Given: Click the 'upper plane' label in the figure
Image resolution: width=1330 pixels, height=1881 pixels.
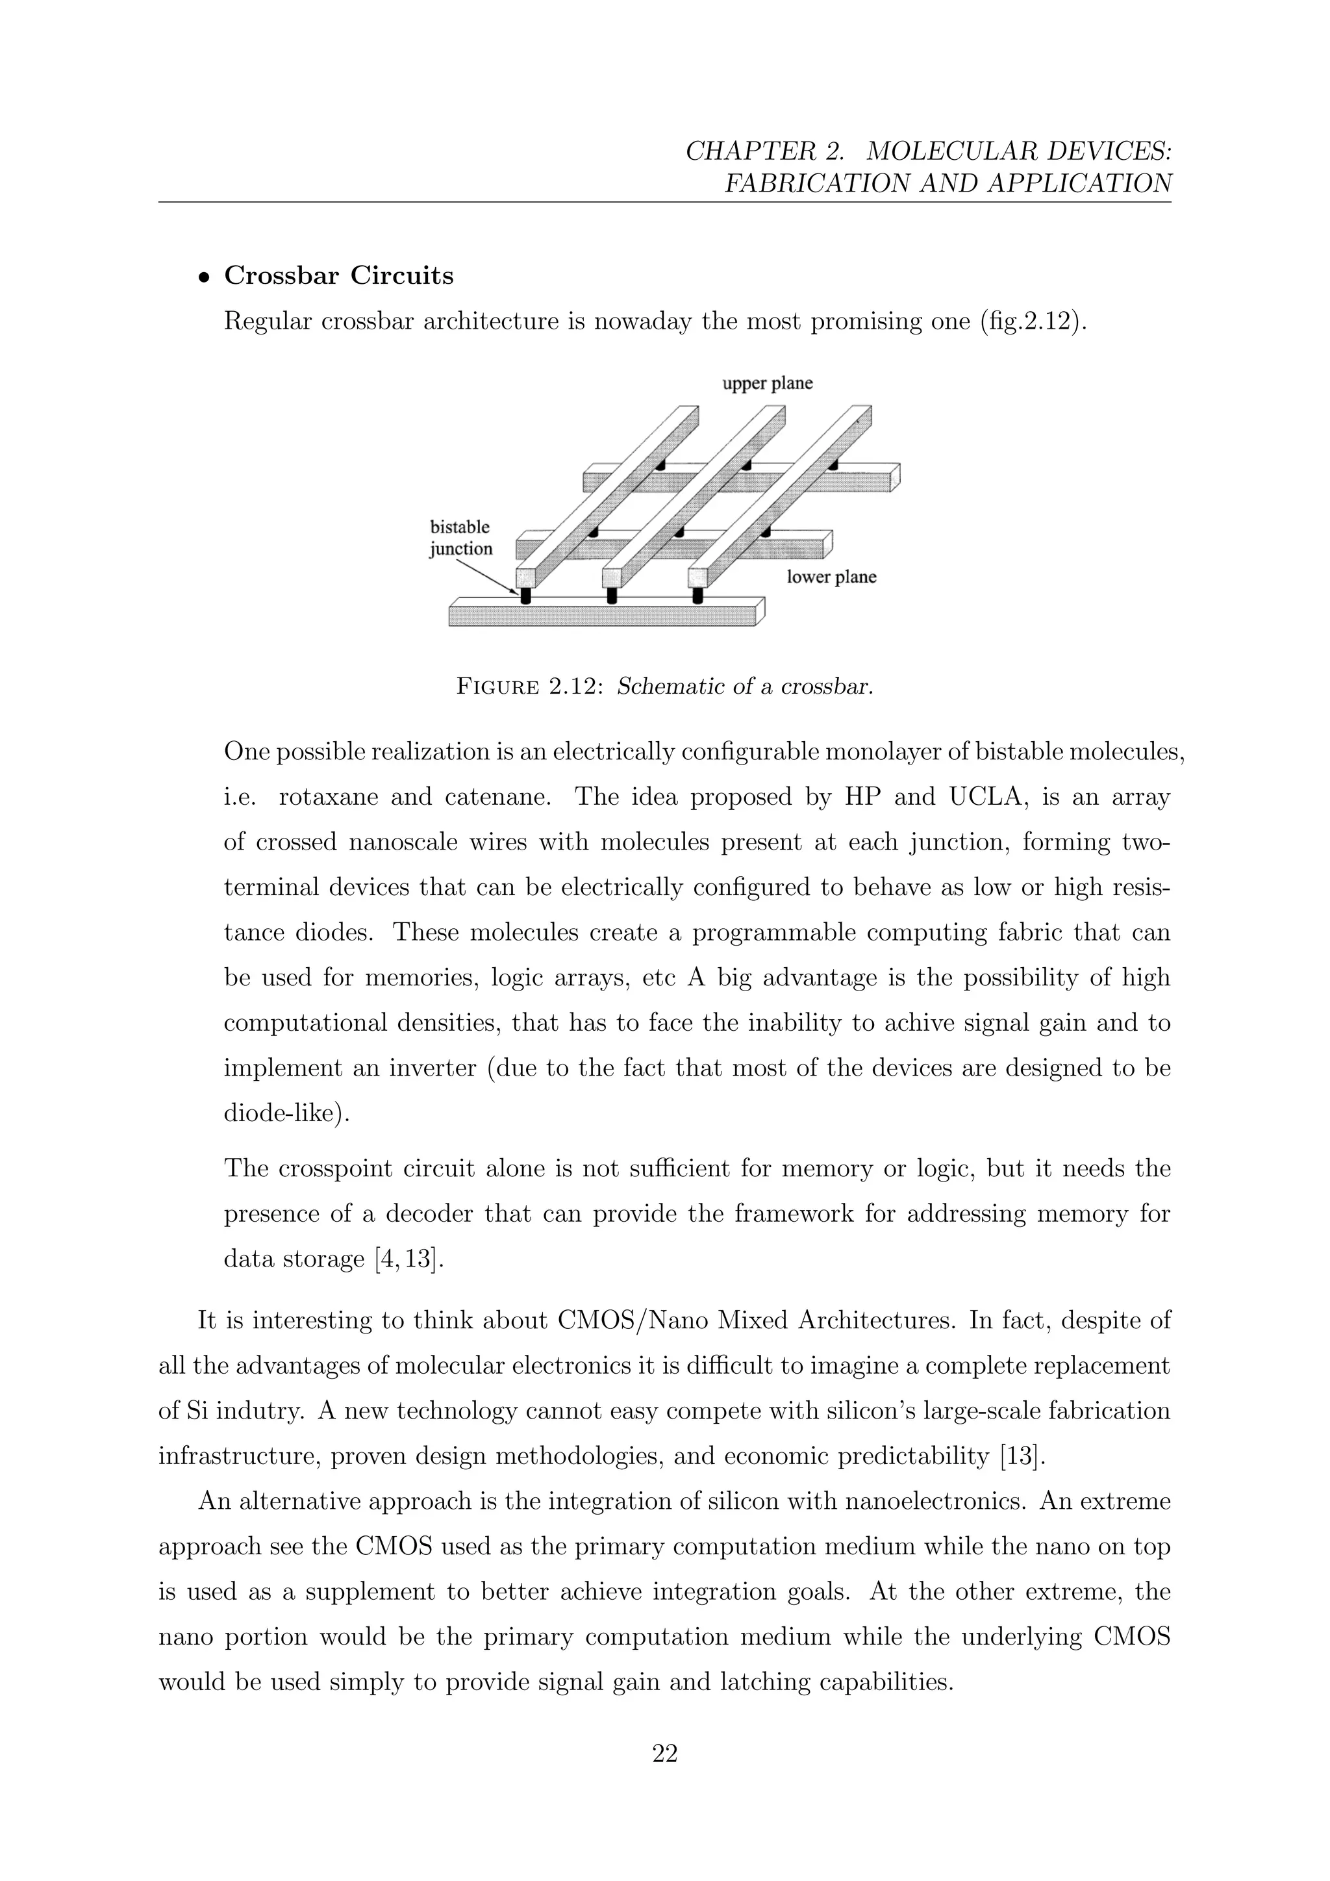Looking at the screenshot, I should click(x=768, y=383).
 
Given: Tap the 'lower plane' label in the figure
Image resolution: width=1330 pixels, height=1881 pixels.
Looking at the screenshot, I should click(x=831, y=577).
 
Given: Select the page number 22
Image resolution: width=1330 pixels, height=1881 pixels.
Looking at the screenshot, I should click(x=664, y=1753).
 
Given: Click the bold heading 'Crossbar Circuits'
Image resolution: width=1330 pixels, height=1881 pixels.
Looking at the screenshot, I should click(x=338, y=275).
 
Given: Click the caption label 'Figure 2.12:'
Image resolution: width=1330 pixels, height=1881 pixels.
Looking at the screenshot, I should click(x=529, y=687).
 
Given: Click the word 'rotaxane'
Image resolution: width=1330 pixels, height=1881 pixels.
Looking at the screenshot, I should click(x=327, y=796).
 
